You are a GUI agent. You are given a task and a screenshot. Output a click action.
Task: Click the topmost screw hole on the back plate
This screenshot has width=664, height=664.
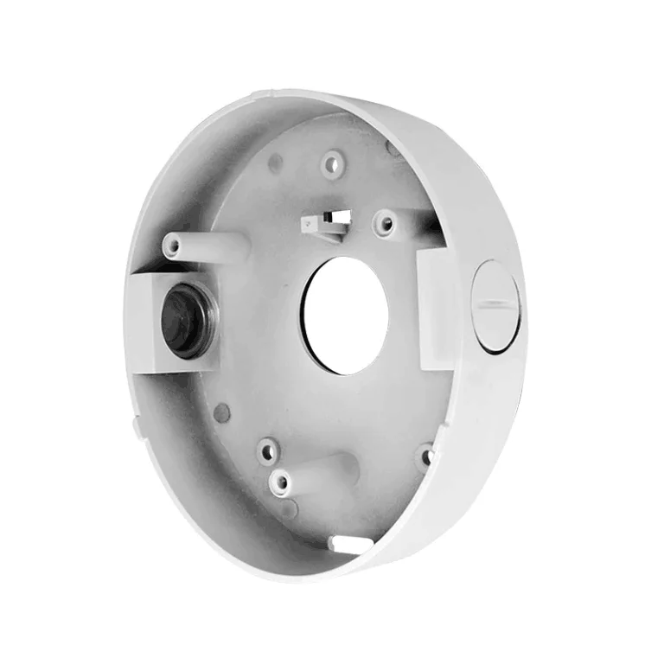332,163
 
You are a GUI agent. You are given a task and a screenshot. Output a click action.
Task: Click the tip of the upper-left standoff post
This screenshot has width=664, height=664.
174,246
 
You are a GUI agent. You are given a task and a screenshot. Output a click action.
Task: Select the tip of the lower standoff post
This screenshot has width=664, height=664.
279,482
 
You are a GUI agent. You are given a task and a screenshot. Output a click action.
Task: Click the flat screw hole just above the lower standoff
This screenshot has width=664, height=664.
268,450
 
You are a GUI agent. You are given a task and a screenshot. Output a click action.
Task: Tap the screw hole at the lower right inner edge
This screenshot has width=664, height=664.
424,456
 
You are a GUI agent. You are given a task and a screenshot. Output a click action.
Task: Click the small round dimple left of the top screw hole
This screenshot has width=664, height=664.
275,163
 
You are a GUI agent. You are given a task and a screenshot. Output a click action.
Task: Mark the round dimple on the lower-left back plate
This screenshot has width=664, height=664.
222,412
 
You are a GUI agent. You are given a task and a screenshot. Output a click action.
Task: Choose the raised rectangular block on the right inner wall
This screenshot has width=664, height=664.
437,307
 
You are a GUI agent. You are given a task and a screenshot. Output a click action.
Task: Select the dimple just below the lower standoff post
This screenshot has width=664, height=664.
289,510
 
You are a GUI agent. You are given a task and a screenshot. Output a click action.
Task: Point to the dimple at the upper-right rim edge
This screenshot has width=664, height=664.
394,149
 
